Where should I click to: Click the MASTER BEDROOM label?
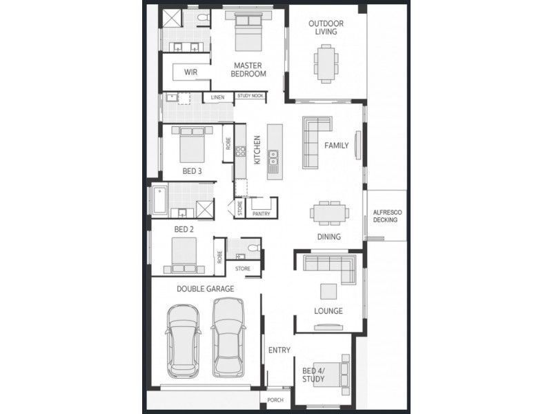point(249,69)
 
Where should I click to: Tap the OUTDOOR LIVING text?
point(326,28)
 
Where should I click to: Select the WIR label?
point(191,72)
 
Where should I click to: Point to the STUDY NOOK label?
point(249,97)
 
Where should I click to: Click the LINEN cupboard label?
point(218,97)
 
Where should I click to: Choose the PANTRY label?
point(262,214)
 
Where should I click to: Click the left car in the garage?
point(183,340)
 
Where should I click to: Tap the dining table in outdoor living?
point(325,63)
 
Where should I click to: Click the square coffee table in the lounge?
point(328,290)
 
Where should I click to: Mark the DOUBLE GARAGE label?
point(205,289)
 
